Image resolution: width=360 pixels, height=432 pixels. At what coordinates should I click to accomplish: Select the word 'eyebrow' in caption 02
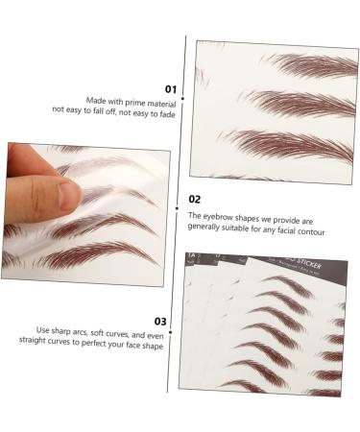[x=222, y=217]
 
